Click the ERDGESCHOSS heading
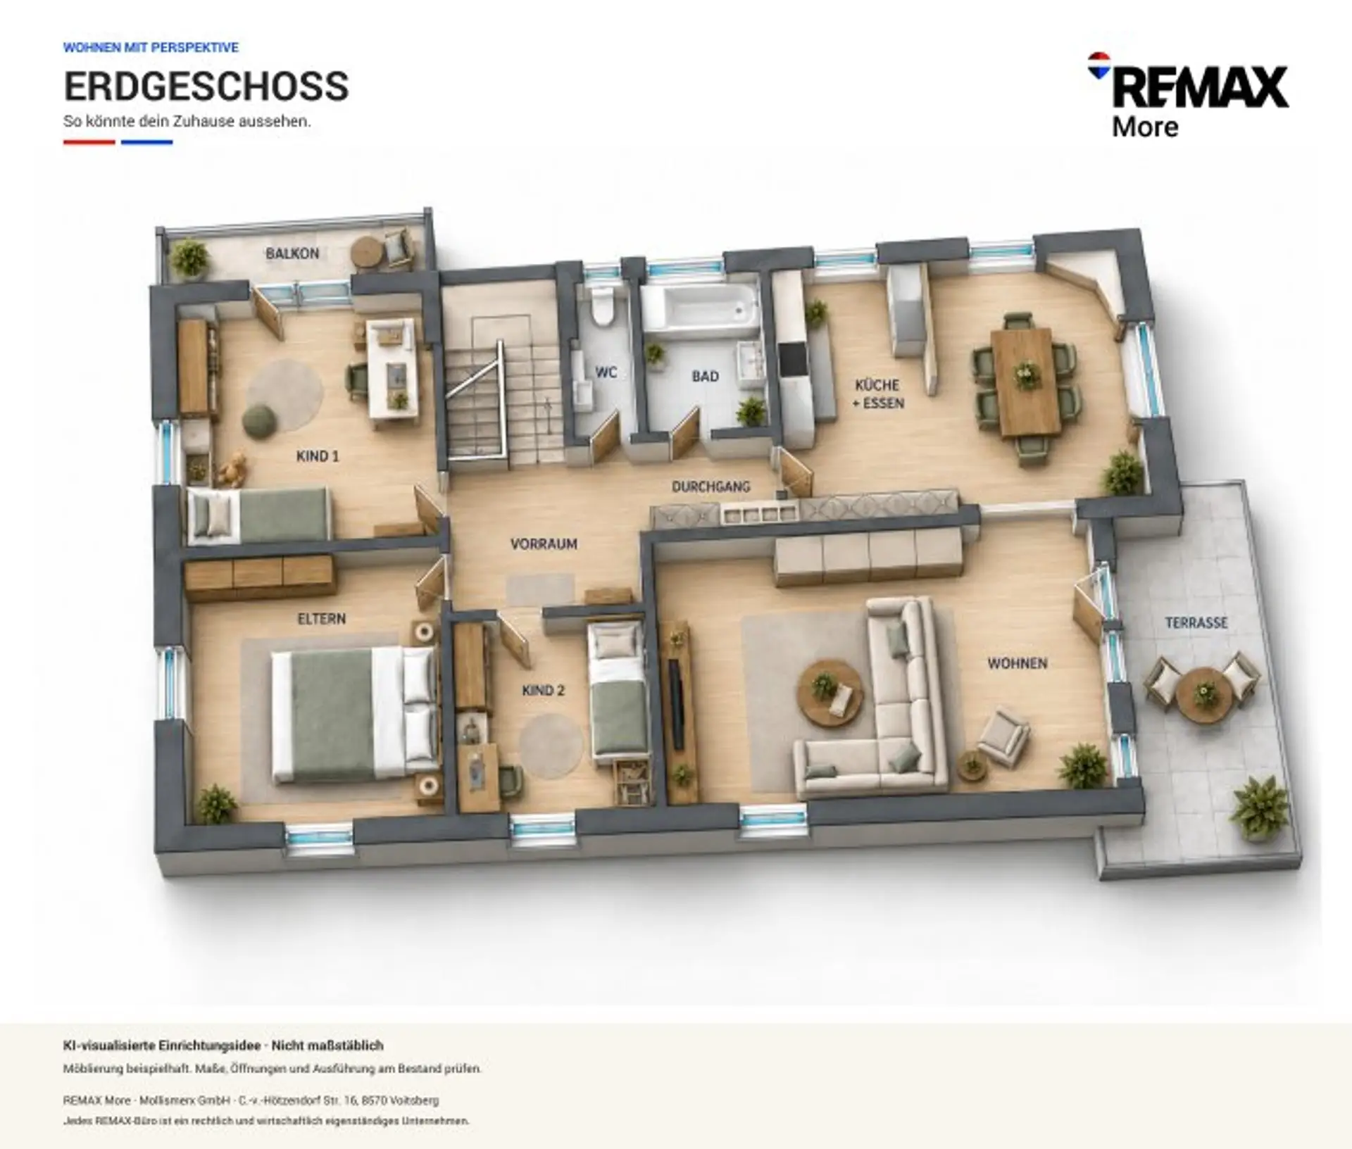coord(206,87)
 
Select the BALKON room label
coord(292,253)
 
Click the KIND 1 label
coord(318,456)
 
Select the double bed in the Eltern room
coord(354,715)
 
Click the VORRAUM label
coord(544,544)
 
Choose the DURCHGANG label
coord(711,486)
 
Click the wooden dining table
coord(1025,381)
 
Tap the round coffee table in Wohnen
coord(830,693)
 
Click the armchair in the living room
coord(1003,736)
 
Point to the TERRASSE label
coord(1196,622)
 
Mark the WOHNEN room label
coord(1017,663)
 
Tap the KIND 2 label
coord(543,691)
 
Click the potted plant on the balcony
coord(189,258)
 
